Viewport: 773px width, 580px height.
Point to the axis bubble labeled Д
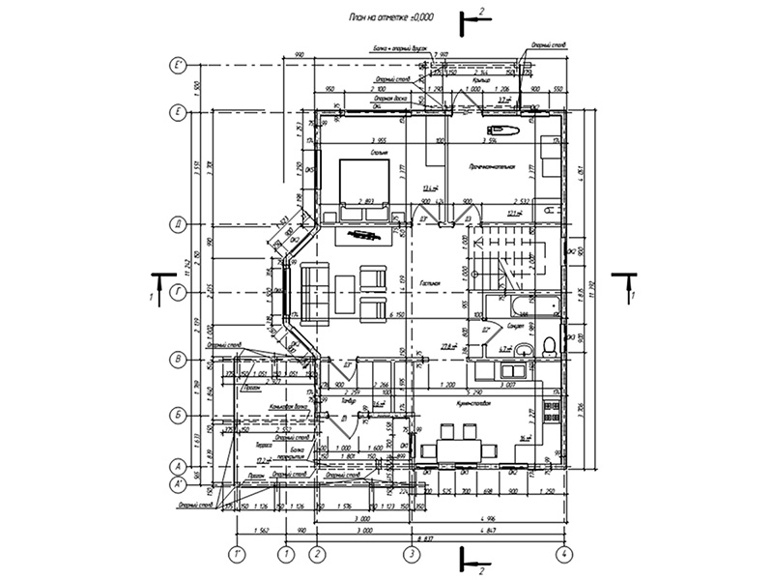click(178, 225)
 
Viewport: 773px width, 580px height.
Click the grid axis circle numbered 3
click(412, 554)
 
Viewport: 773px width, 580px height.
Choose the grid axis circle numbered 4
click(563, 554)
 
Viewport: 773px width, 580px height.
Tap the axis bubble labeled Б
click(178, 414)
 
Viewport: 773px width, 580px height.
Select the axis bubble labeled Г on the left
click(178, 290)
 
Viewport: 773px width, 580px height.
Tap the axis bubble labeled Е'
click(178, 66)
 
